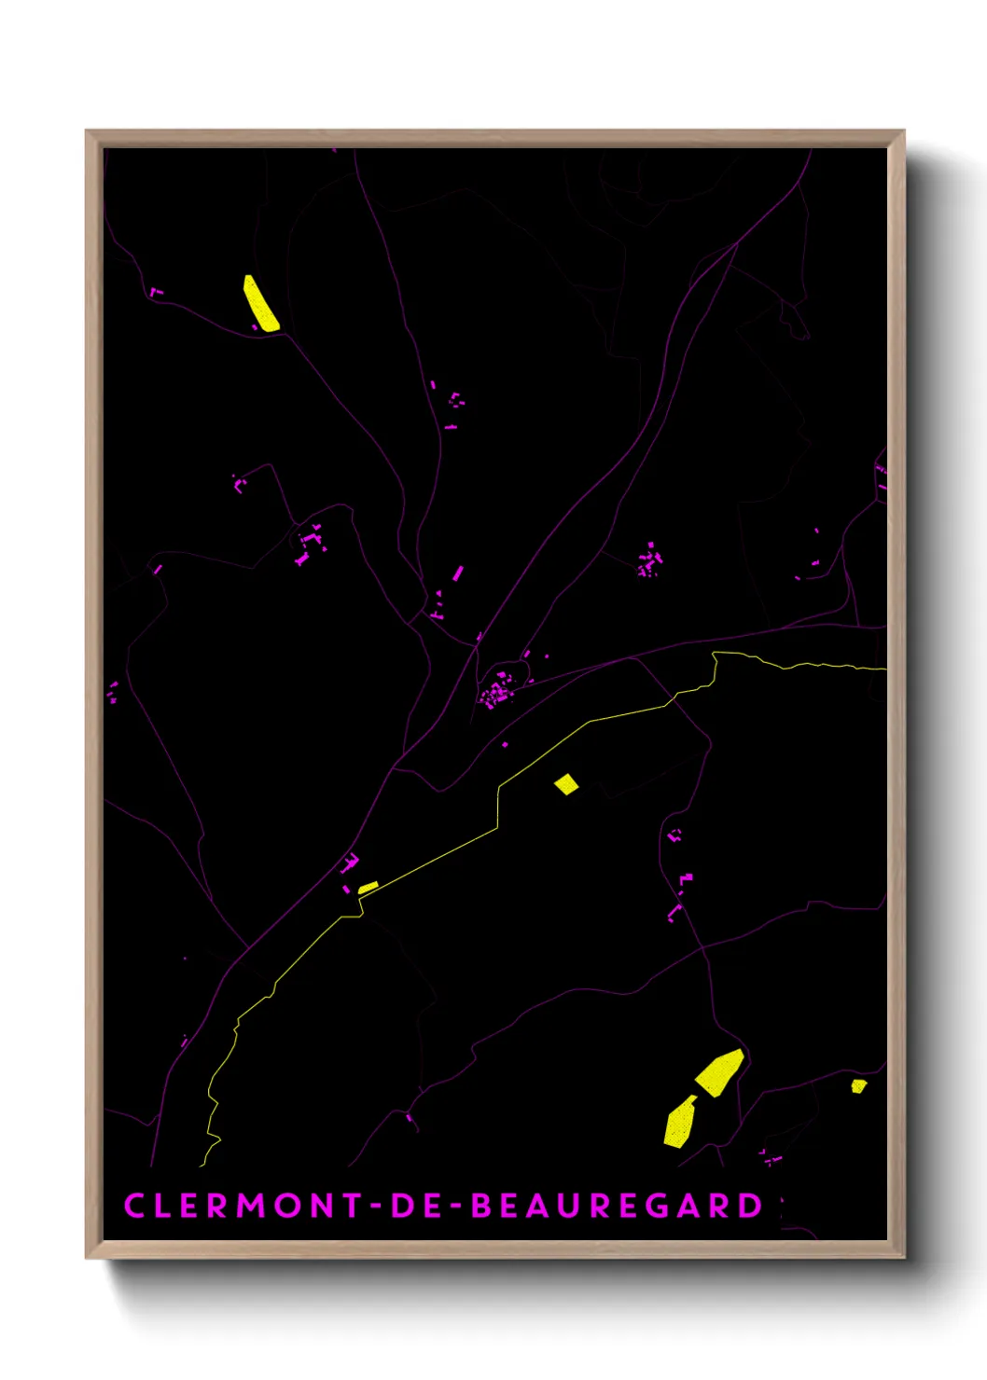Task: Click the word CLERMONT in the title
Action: tap(243, 1205)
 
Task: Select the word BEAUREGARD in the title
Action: tap(617, 1205)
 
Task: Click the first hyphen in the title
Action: tap(376, 1205)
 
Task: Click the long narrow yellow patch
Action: tap(261, 303)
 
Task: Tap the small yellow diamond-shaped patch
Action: tap(566, 784)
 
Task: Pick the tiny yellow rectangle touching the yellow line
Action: tap(368, 887)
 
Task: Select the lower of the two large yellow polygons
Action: tap(680, 1122)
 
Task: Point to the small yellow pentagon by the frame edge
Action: tap(858, 1085)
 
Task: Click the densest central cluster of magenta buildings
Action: tap(495, 691)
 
